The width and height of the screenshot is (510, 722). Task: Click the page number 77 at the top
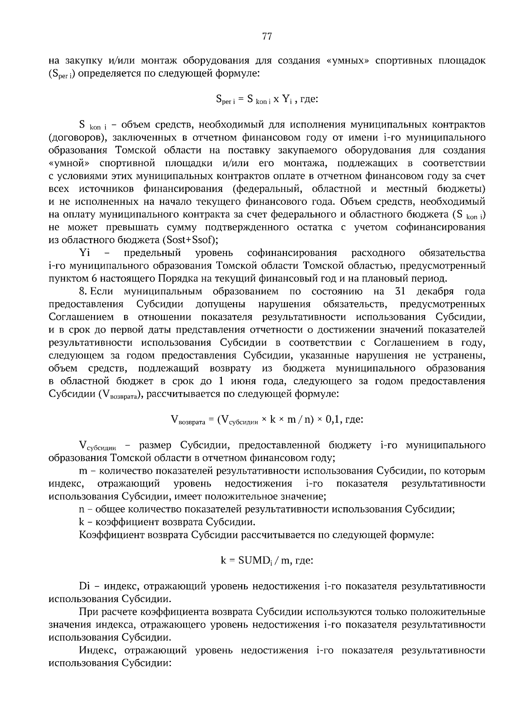267,37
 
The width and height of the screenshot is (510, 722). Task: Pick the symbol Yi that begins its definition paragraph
85,253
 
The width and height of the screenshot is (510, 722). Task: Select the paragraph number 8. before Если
83,291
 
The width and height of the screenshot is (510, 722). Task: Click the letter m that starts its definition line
83,471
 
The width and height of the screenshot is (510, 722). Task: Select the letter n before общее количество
82,509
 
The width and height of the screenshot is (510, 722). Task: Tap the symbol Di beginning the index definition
84,586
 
